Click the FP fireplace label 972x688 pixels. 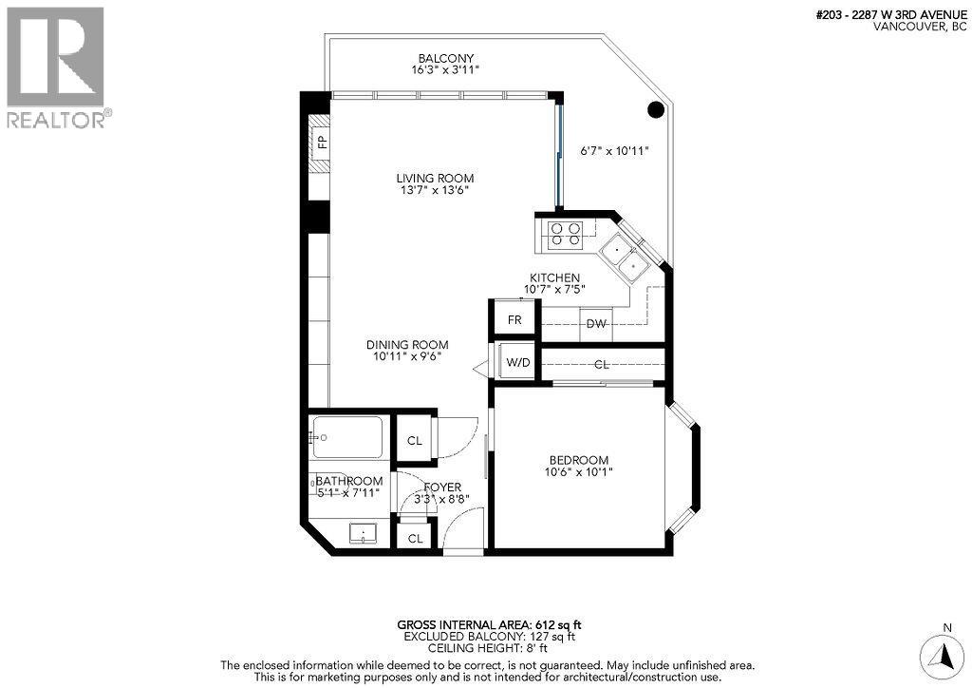(322, 143)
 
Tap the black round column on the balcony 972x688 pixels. (655, 109)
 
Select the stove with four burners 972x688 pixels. (566, 233)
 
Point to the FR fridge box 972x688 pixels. (514, 320)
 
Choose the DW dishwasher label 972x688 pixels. (596, 324)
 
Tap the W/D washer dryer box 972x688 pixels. (517, 362)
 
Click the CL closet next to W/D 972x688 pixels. (602, 364)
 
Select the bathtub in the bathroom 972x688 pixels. (346, 438)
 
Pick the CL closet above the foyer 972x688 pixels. (414, 441)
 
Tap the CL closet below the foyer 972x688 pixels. (415, 538)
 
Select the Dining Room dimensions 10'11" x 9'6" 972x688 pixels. (407, 357)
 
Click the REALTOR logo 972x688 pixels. (57, 67)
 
